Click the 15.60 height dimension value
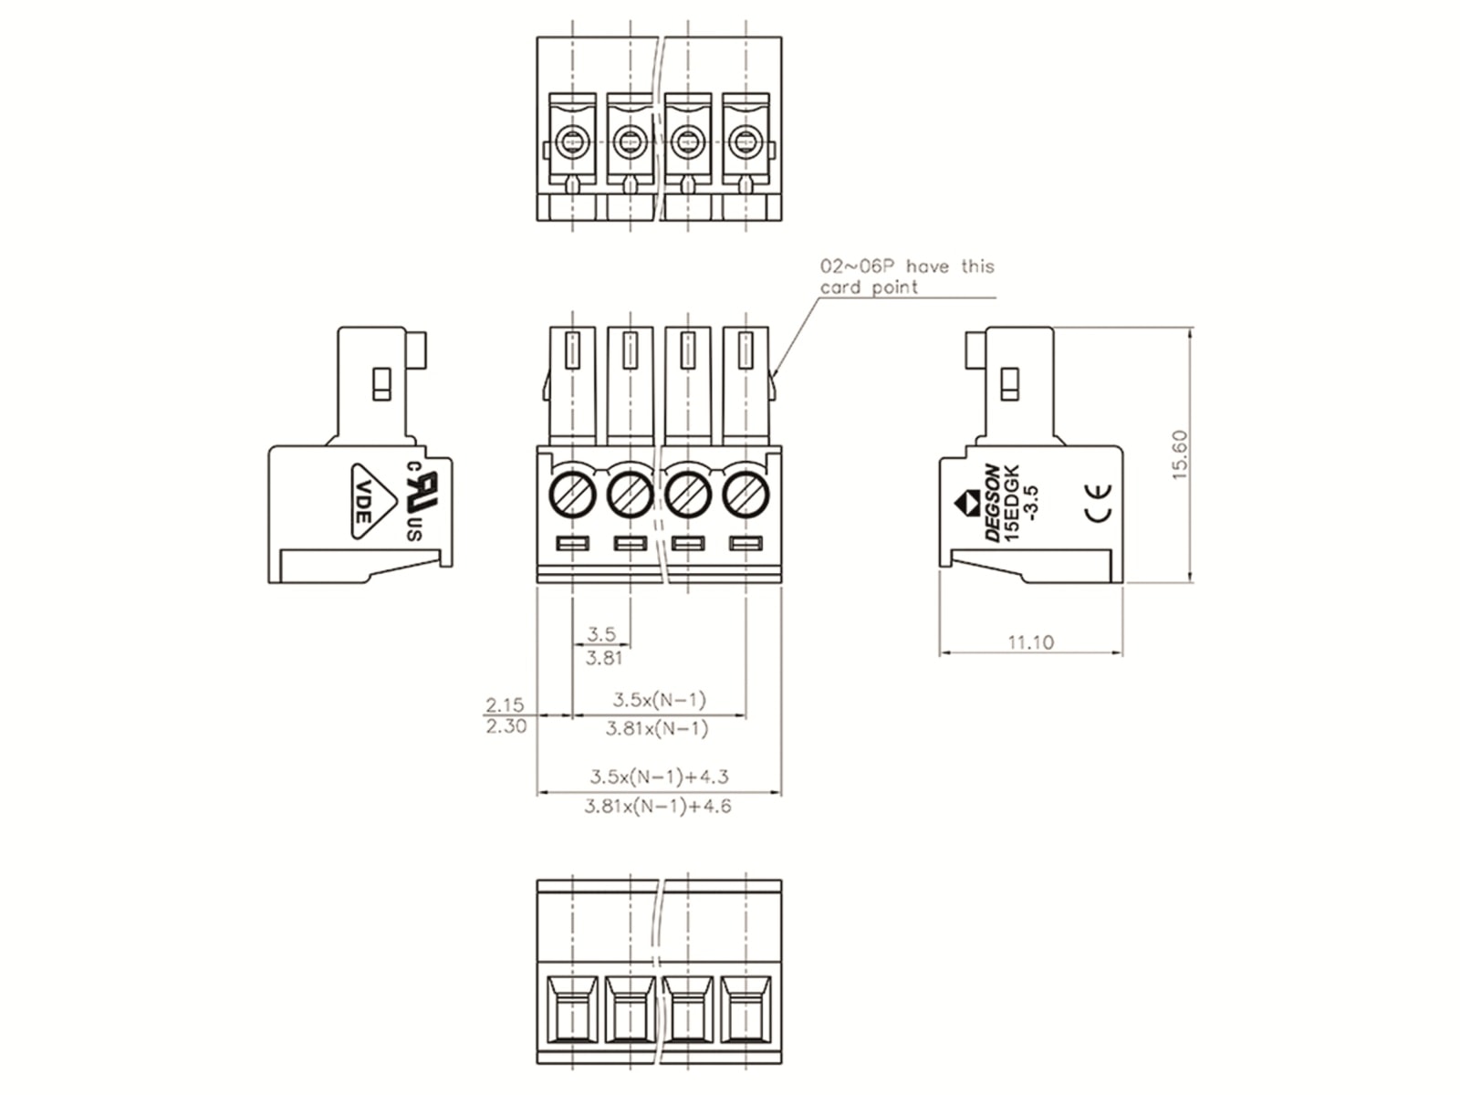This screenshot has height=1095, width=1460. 1179,454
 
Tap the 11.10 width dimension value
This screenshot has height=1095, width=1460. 1030,642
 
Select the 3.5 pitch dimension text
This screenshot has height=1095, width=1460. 601,633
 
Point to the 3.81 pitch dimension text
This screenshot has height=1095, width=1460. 604,658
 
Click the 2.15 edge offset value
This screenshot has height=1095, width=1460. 505,704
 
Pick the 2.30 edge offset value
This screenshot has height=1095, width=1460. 506,726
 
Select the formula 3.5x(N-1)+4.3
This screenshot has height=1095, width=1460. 659,777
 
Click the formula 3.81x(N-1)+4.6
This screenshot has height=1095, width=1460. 658,806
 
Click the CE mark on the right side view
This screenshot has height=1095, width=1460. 1099,502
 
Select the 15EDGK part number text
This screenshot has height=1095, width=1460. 1011,504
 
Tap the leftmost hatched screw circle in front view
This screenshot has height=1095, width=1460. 572,495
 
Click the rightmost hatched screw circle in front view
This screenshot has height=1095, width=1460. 746,495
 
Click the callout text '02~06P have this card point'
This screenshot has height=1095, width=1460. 906,276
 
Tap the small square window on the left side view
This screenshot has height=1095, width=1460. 381,384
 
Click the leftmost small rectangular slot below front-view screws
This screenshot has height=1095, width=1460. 572,544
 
